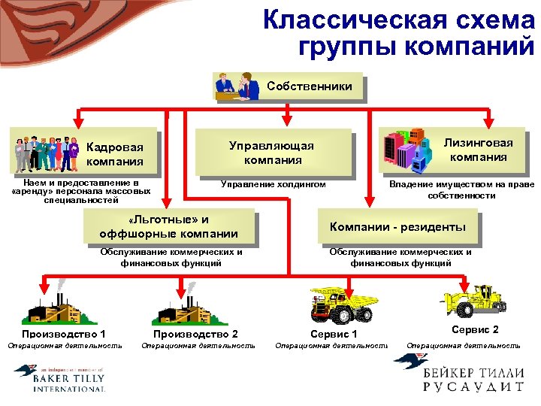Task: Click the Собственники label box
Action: tap(309, 86)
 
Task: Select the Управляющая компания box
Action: tap(273, 153)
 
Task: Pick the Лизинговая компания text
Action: tap(478, 150)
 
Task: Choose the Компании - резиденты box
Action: tap(397, 227)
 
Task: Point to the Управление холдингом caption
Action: tap(273, 183)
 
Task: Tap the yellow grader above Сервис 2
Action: tap(474, 302)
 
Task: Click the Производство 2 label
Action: tap(195, 333)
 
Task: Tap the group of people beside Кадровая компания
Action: tap(46, 153)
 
